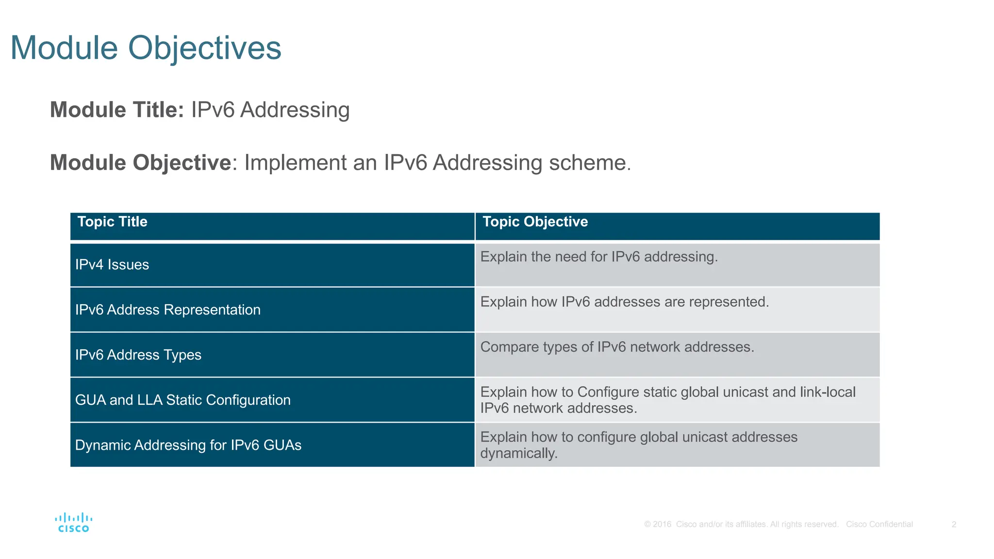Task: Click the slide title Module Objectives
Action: click(146, 48)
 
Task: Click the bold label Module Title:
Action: click(116, 110)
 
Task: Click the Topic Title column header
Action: click(112, 222)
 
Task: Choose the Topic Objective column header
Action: click(535, 222)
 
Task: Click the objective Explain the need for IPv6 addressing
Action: click(599, 257)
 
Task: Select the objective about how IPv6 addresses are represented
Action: click(625, 302)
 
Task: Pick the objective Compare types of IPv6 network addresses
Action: click(617, 347)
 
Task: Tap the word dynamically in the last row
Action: click(518, 454)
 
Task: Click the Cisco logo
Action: click(74, 523)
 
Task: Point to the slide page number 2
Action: click(954, 525)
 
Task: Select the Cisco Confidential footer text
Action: click(879, 525)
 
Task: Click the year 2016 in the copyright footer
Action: click(662, 525)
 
